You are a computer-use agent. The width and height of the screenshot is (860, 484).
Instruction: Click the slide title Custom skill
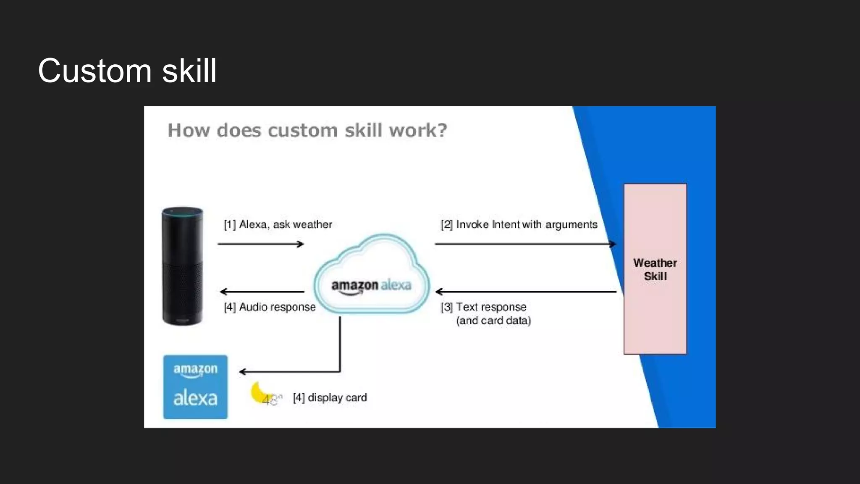coord(127,71)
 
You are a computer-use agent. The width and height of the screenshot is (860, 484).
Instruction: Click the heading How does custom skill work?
coord(307,130)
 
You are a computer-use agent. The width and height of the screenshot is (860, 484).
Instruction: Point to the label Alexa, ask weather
coord(278,225)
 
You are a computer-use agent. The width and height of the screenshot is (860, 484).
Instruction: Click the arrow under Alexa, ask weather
coord(261,244)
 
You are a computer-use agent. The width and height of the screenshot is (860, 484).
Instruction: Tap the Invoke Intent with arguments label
coord(519,225)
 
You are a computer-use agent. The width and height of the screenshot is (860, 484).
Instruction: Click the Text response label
coord(484,307)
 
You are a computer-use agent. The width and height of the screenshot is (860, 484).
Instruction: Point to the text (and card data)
coord(493,321)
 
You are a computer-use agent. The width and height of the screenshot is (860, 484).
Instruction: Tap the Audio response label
coord(270,307)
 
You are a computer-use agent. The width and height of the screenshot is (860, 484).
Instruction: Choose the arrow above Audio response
coord(262,292)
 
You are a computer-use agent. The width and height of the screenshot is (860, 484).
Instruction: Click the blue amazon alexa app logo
coord(195,387)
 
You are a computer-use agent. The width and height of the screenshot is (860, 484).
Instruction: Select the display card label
coord(330,397)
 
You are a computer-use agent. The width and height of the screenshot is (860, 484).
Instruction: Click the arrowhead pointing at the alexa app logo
coord(242,371)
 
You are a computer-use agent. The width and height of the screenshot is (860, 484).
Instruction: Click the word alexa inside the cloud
coord(396,285)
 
